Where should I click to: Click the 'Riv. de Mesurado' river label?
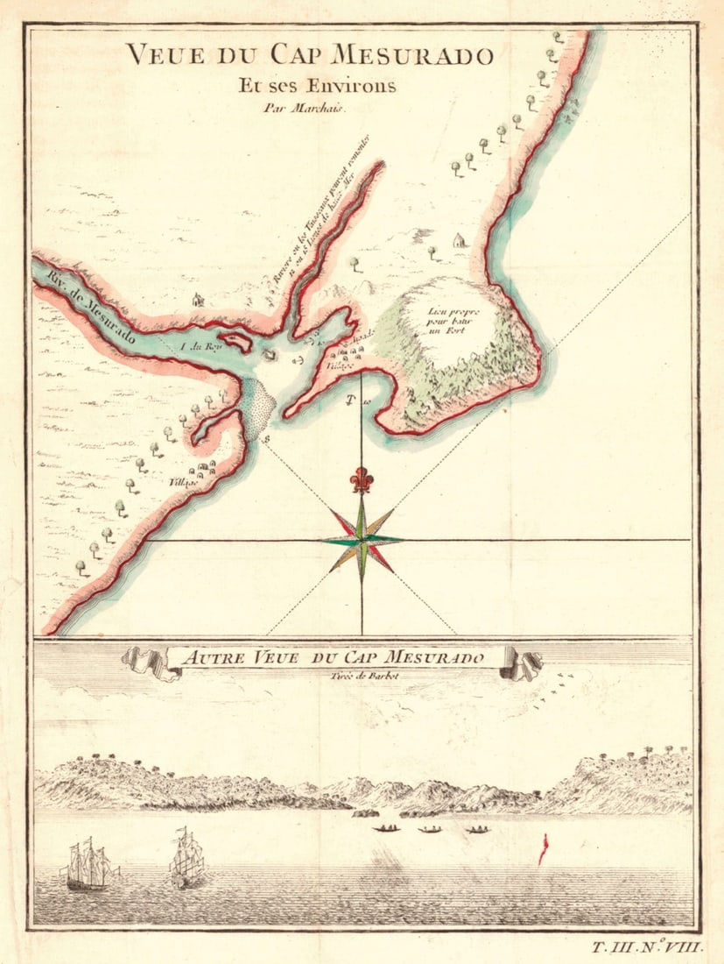point(83,301)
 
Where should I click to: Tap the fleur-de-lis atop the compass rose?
point(362,480)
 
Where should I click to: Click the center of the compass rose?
point(362,540)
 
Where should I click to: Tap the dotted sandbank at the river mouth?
point(257,408)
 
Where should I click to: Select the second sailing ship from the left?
point(186,858)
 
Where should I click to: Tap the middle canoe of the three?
point(430,829)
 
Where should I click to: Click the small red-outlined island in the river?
point(235,342)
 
